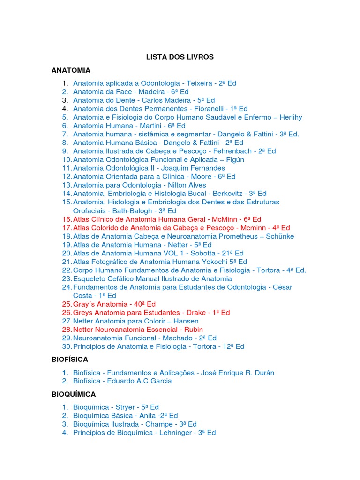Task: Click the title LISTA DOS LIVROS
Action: click(180, 57)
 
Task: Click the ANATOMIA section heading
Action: click(71, 70)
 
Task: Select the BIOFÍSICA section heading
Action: click(70, 360)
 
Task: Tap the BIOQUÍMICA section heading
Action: click(74, 394)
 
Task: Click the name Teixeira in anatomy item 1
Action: click(199, 83)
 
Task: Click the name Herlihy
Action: click(291, 117)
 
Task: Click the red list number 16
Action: click(67, 219)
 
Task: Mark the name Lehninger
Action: click(174, 432)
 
